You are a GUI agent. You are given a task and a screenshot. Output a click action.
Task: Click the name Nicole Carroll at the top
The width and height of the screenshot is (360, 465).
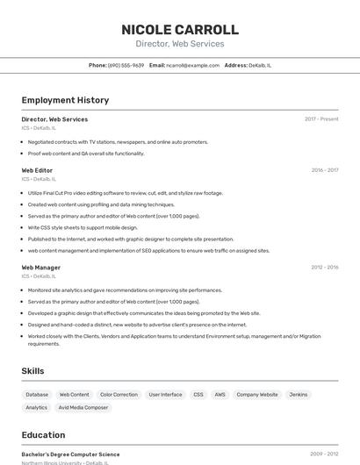pyautogui.click(x=180, y=29)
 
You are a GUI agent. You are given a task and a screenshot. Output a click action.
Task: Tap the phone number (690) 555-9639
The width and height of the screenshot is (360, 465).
pyautogui.click(x=126, y=65)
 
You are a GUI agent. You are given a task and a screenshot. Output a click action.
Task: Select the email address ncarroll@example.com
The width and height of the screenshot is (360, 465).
pyautogui.click(x=193, y=65)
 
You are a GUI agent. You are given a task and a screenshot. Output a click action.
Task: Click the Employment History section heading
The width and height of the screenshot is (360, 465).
pyautogui.click(x=65, y=100)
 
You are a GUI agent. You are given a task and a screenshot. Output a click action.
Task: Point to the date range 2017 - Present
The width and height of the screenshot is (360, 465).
pyautogui.click(x=321, y=119)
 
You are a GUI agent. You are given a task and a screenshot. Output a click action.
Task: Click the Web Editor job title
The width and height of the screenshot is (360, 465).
pyautogui.click(x=37, y=170)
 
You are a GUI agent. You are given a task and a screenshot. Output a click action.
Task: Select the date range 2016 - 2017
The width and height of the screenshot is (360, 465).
pyautogui.click(x=325, y=170)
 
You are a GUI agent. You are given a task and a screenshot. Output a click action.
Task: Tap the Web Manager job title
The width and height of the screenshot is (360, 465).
pyautogui.click(x=40, y=268)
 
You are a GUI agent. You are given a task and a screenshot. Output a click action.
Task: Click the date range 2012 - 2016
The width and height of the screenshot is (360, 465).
pyautogui.click(x=325, y=268)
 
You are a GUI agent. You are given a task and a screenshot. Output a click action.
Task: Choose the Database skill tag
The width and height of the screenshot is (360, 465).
pyautogui.click(x=37, y=395)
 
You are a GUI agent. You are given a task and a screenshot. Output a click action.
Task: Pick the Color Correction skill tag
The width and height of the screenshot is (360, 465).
pyautogui.click(x=119, y=395)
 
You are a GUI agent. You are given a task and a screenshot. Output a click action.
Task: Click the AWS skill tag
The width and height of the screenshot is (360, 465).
pyautogui.click(x=220, y=395)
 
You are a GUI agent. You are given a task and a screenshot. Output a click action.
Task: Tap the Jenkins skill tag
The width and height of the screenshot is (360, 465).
pyautogui.click(x=299, y=395)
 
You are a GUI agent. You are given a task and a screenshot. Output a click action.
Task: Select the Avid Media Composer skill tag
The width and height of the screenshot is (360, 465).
pyautogui.click(x=83, y=408)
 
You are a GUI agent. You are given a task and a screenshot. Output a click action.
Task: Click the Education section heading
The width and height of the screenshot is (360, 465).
pyautogui.click(x=43, y=435)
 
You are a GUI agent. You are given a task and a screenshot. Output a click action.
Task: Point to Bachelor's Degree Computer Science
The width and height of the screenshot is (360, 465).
pyautogui.click(x=70, y=454)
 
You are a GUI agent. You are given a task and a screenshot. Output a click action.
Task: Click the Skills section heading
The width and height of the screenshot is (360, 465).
pyautogui.click(x=32, y=371)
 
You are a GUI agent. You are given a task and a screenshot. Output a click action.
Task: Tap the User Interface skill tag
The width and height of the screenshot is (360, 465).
pyautogui.click(x=165, y=395)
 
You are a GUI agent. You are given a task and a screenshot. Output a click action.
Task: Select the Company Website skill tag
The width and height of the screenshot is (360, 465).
pyautogui.click(x=257, y=395)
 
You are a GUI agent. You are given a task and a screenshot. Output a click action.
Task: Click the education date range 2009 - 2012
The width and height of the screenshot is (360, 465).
pyautogui.click(x=324, y=454)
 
